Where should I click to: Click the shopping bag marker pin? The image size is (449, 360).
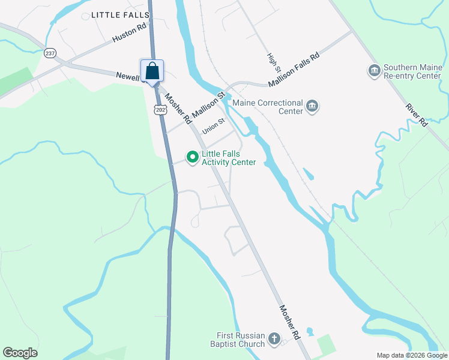[x=152, y=71]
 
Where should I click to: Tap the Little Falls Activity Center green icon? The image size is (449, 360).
[x=193, y=158]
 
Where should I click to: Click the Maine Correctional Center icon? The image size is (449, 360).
[x=312, y=107]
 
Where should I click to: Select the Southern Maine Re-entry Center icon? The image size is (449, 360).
[x=375, y=71]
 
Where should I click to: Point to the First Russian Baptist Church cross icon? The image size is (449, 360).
[x=274, y=339]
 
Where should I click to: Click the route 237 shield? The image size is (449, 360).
[x=50, y=53]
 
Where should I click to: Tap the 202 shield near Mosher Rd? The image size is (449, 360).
[x=160, y=109]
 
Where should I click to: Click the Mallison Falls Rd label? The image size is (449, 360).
[x=294, y=68]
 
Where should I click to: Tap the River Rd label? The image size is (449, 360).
[x=415, y=115]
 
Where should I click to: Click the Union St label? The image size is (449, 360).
[x=213, y=126]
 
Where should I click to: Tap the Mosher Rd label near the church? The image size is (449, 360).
[x=289, y=320]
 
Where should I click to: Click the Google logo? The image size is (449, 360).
[x=20, y=353]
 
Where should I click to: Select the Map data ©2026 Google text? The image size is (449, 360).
[x=412, y=355]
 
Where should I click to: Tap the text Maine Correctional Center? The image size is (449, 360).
[x=268, y=107]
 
